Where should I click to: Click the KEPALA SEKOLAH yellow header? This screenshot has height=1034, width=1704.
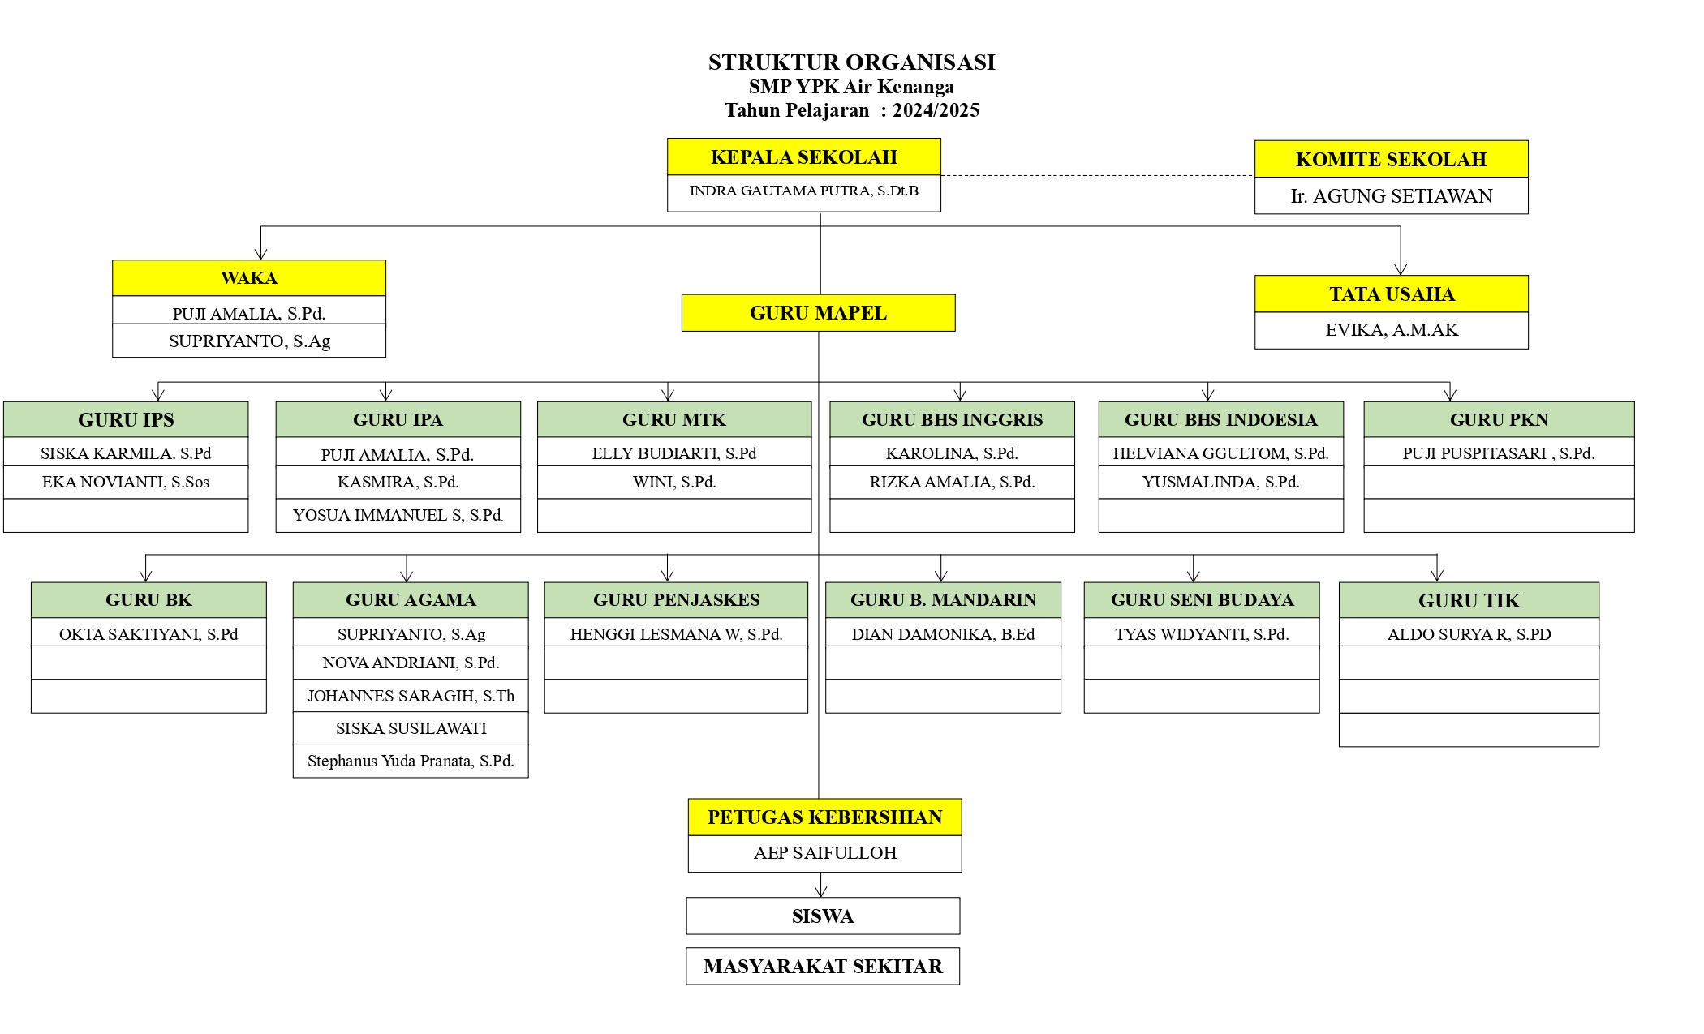tap(804, 157)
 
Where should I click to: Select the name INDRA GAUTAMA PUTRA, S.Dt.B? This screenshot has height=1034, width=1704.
tap(804, 191)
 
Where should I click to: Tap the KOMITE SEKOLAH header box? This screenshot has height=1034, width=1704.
tap(1392, 159)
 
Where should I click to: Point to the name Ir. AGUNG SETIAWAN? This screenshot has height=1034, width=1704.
tap(1392, 196)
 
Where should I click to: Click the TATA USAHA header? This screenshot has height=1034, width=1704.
tap(1392, 294)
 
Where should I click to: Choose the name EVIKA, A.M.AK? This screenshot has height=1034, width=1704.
tap(1392, 330)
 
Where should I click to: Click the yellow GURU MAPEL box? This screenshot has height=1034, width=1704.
tap(819, 313)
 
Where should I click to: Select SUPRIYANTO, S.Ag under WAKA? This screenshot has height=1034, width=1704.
tap(250, 341)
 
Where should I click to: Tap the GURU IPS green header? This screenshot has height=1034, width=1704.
tap(126, 419)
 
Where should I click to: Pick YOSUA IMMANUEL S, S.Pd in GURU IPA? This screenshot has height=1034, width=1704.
tap(398, 515)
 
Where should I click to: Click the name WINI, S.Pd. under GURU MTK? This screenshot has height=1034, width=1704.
tap(674, 482)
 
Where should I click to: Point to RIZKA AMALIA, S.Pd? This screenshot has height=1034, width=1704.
tap(953, 482)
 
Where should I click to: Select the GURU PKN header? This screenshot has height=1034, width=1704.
tap(1500, 419)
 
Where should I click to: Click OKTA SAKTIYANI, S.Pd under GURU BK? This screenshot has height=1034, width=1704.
tap(148, 634)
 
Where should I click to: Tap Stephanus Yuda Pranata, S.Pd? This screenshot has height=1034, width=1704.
tap(411, 761)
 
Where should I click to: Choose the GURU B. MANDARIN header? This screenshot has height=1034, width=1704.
tap(944, 600)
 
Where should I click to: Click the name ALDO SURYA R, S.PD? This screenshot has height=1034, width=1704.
tap(1469, 634)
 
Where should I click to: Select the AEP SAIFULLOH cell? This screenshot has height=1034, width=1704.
tap(825, 853)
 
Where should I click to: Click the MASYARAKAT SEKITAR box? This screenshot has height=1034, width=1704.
tap(823, 966)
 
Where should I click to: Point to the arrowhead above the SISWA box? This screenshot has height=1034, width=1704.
tap(821, 891)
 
